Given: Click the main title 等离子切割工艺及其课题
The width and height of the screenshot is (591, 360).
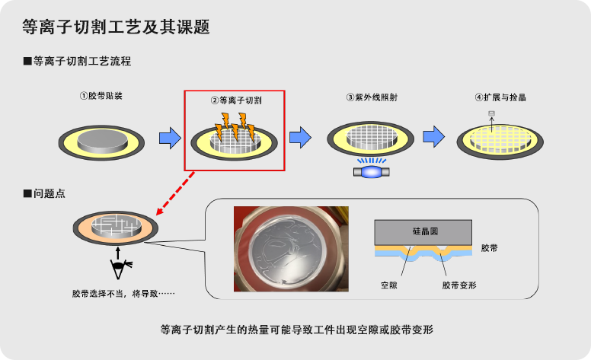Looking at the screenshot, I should [116, 27].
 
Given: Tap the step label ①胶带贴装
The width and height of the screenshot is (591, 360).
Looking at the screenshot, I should [101, 97].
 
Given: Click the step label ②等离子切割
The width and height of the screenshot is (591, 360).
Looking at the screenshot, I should [235, 100].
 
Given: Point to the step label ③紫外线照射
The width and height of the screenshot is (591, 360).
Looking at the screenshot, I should [371, 97].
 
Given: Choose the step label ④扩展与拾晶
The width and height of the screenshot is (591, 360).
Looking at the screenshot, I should [500, 97].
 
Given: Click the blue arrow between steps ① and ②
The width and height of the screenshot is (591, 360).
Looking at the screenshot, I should [169, 138].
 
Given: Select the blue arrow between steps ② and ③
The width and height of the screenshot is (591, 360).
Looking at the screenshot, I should [301, 138].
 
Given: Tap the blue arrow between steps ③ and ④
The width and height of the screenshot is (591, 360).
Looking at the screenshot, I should [433, 136].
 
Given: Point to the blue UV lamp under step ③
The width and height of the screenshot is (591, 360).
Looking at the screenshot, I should [372, 172].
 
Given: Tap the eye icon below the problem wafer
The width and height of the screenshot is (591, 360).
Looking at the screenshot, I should [119, 266].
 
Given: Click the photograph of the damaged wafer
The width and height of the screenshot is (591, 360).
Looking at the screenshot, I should [291, 249].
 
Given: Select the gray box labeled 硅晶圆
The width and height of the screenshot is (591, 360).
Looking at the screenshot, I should [425, 231].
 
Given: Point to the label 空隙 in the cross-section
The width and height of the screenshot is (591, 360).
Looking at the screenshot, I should [389, 285].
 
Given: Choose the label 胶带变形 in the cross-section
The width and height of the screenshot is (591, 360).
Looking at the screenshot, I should [458, 285].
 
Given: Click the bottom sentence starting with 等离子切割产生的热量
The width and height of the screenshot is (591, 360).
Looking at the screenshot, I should [296, 330].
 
